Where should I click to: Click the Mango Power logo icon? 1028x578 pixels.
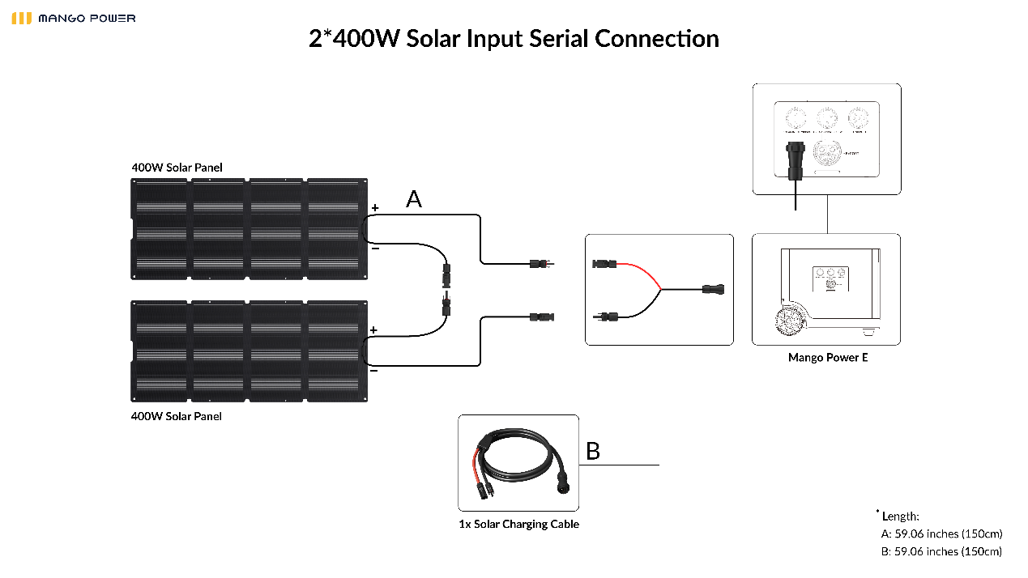[22, 18]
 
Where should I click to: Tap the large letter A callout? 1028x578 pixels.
[414, 199]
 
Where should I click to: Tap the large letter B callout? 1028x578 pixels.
[593, 452]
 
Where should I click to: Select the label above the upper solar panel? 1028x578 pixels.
[177, 168]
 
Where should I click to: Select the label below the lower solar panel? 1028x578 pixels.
[177, 416]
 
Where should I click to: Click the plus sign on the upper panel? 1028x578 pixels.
[374, 208]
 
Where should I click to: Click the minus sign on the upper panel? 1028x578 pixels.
[374, 248]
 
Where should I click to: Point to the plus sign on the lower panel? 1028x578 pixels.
[373, 330]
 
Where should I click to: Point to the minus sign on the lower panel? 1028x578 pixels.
[373, 370]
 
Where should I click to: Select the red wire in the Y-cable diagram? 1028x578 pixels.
[641, 272]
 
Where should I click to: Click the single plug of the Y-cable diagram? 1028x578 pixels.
[713, 289]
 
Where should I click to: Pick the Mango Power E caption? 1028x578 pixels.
[827, 358]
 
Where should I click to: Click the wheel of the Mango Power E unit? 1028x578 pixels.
[790, 322]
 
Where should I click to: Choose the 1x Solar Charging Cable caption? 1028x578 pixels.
[518, 525]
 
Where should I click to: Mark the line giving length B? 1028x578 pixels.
[941, 552]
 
